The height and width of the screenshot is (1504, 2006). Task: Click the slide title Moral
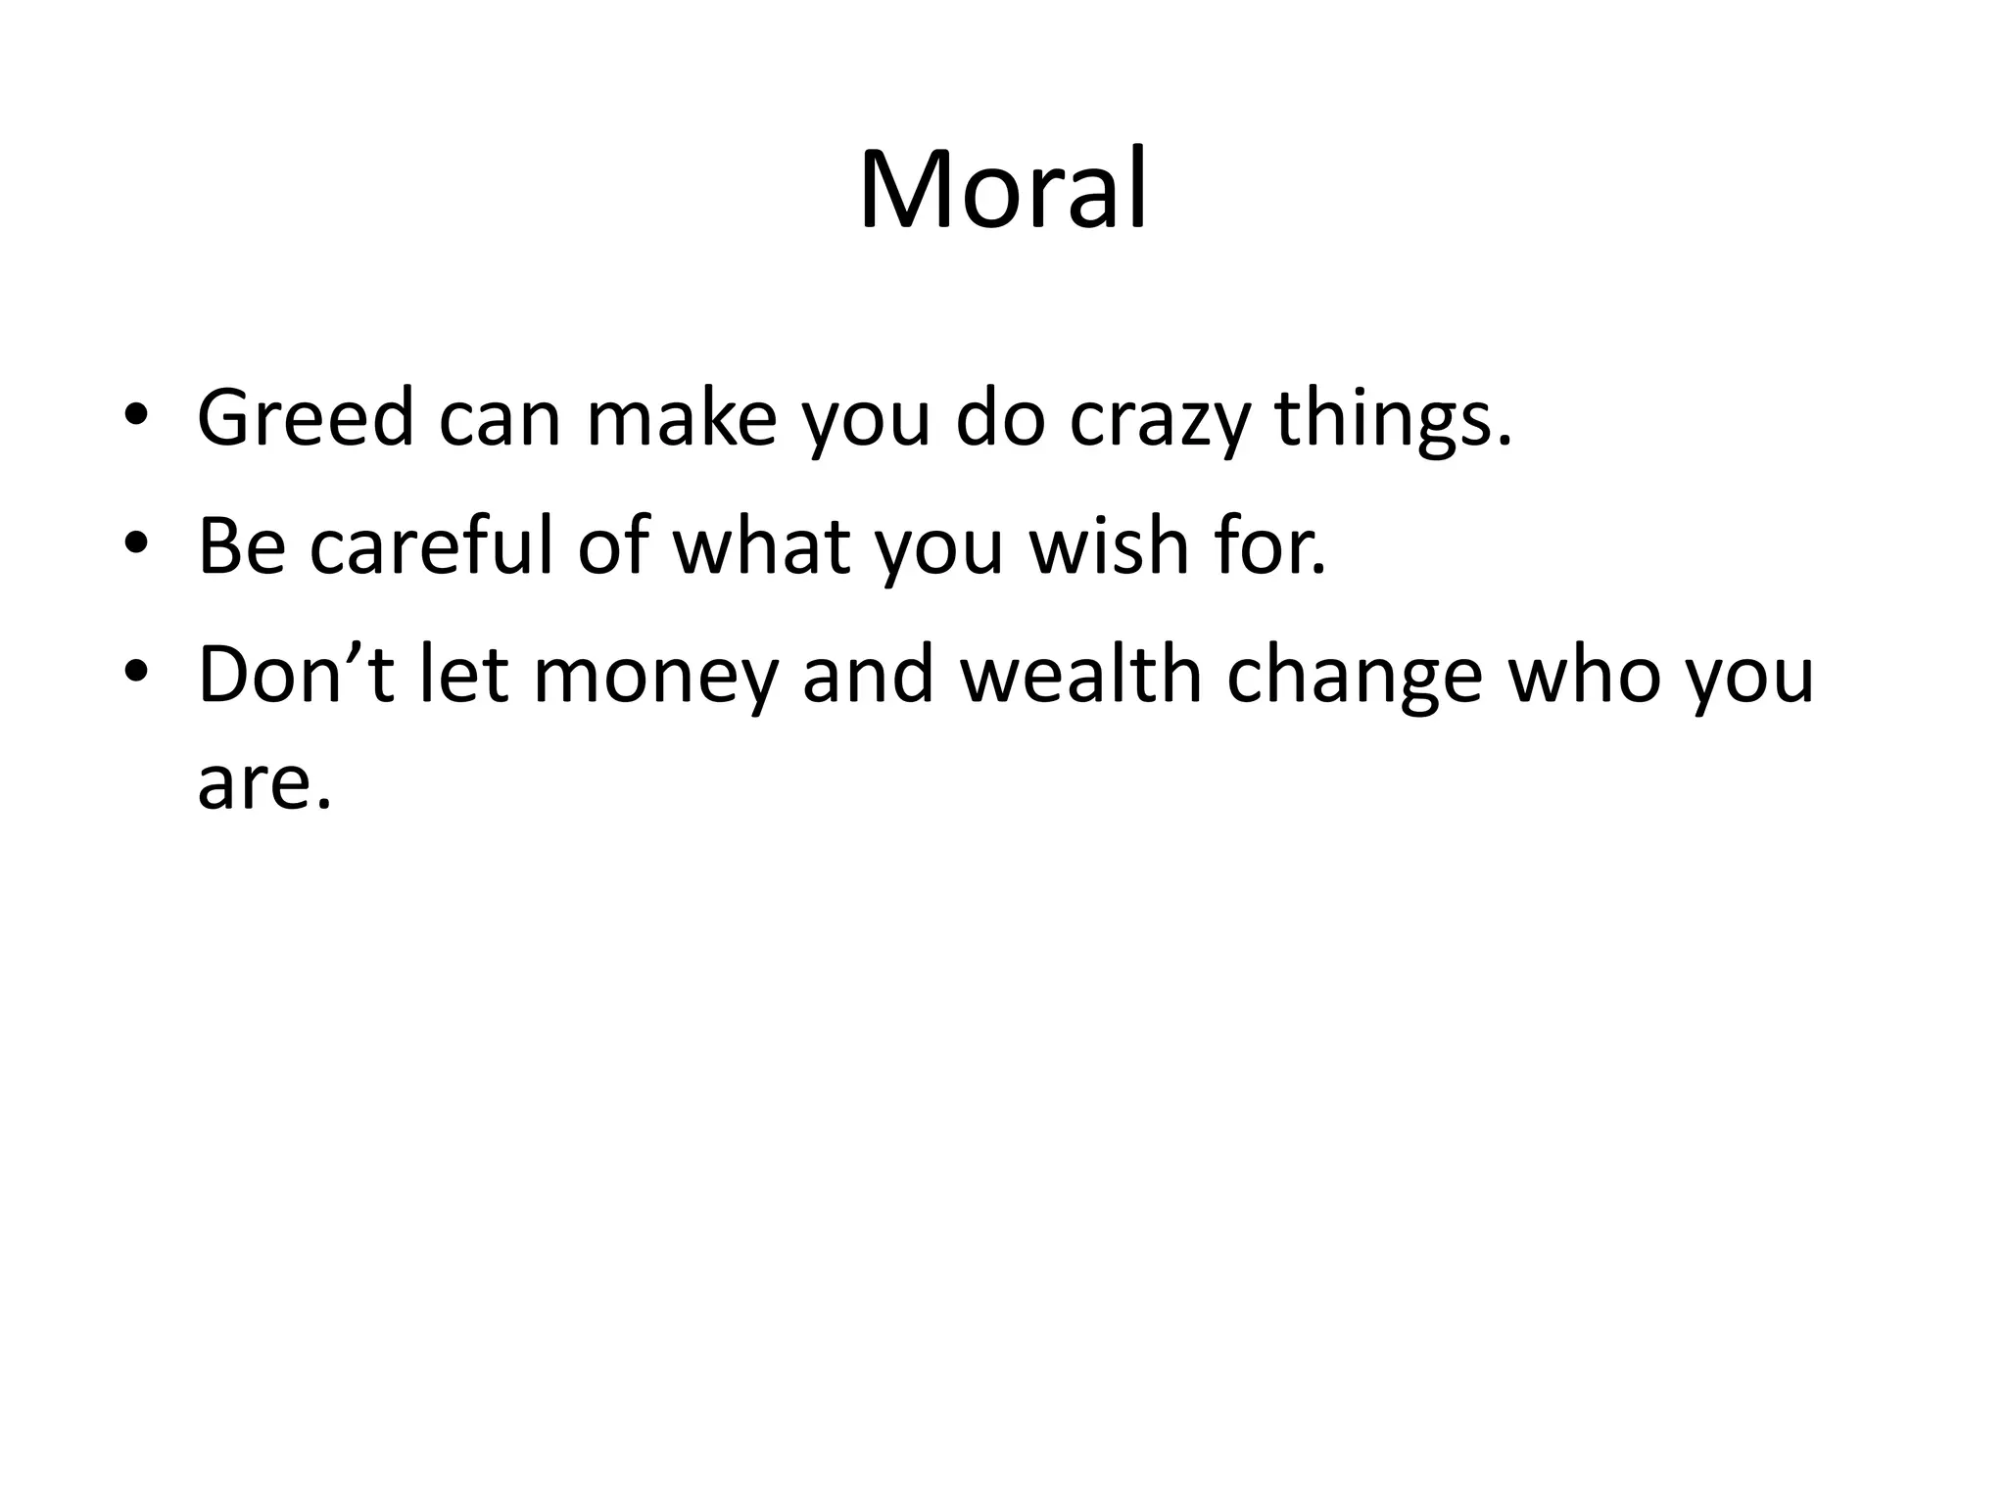tap(1002, 189)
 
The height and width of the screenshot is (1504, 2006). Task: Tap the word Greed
tap(306, 418)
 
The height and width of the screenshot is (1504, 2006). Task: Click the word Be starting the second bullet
tap(242, 545)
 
